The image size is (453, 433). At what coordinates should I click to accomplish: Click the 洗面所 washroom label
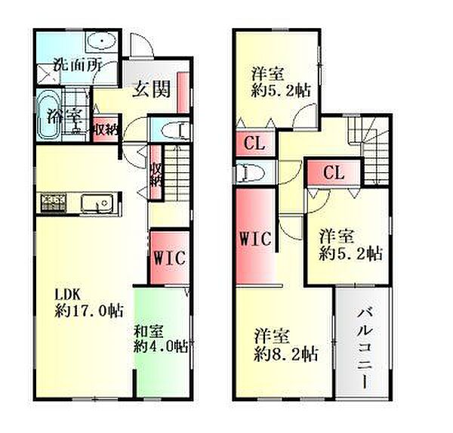(78, 66)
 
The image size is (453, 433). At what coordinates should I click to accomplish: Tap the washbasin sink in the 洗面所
(101, 42)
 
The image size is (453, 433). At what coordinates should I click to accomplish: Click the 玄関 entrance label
(152, 89)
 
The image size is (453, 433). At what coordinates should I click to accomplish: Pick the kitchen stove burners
(54, 203)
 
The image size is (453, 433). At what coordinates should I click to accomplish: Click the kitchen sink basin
(97, 203)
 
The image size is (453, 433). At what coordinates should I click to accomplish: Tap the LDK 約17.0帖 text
(89, 303)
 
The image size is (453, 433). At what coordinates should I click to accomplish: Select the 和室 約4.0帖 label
(161, 339)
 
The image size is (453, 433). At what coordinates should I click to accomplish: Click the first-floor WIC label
(169, 258)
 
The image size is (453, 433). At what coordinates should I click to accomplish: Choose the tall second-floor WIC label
(255, 238)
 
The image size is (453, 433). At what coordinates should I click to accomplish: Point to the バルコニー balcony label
(364, 348)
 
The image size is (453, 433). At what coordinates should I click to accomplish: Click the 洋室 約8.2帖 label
(286, 345)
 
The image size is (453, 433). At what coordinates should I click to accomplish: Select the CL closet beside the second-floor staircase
(334, 172)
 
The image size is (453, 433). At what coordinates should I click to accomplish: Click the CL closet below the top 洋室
(254, 143)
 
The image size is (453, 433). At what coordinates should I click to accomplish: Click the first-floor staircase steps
(177, 173)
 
